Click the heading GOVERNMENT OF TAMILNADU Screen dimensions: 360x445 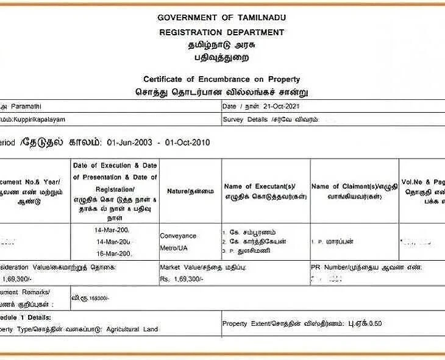coord(221,17)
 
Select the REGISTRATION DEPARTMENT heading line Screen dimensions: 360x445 coord(221,32)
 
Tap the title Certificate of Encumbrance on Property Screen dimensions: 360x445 coord(221,79)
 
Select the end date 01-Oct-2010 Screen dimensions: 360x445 coord(187,143)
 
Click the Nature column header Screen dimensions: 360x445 coord(190,191)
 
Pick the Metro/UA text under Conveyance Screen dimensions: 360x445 coord(175,248)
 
